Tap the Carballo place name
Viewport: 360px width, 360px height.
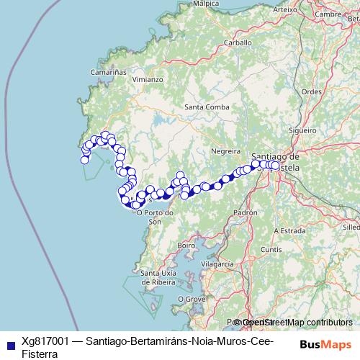(x=238, y=42)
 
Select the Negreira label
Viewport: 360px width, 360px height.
(x=225, y=151)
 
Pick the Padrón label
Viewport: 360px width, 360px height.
(x=246, y=213)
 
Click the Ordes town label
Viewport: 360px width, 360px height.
(x=311, y=91)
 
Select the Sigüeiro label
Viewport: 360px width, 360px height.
(x=302, y=130)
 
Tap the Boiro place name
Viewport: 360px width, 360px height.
(x=186, y=245)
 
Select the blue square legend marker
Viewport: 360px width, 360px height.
(x=10, y=343)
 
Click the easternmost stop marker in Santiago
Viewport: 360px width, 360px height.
(x=274, y=166)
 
